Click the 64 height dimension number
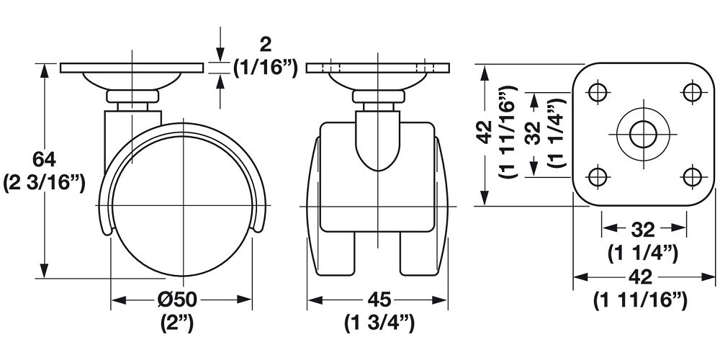[x=46, y=157]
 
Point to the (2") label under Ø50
[x=177, y=322]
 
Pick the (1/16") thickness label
[x=265, y=67]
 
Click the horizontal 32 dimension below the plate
[x=642, y=229]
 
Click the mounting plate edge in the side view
[x=132, y=68]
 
